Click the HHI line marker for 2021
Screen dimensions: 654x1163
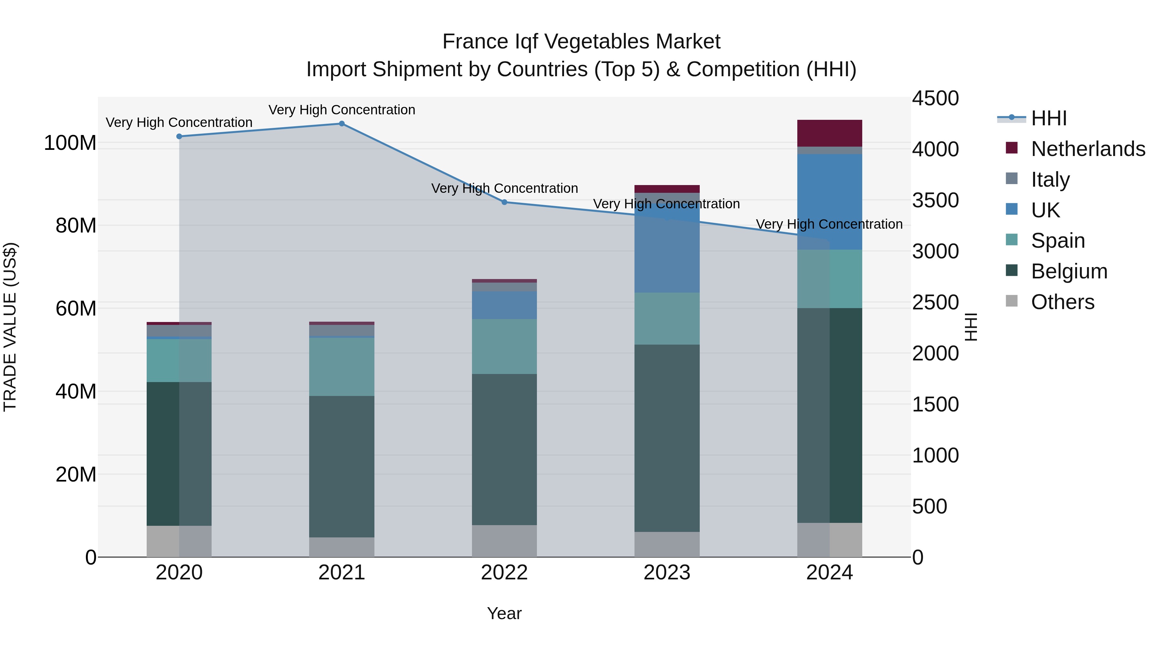[342, 124]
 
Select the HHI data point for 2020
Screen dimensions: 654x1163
[179, 136]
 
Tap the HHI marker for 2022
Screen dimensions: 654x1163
[504, 202]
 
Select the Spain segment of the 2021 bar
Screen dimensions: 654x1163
[342, 367]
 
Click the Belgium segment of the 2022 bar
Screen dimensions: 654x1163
[504, 449]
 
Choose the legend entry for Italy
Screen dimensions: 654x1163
[1050, 179]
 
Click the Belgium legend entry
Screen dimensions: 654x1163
[1069, 271]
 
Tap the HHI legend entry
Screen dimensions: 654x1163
[1048, 118]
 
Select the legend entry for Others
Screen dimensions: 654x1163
[1062, 302]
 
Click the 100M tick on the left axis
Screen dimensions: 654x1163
[70, 143]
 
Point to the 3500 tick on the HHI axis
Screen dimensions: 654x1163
[935, 200]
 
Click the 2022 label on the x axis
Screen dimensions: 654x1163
[504, 573]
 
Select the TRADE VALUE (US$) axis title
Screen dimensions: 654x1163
[10, 327]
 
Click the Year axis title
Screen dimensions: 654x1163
[504, 613]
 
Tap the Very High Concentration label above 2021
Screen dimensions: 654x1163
[342, 110]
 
